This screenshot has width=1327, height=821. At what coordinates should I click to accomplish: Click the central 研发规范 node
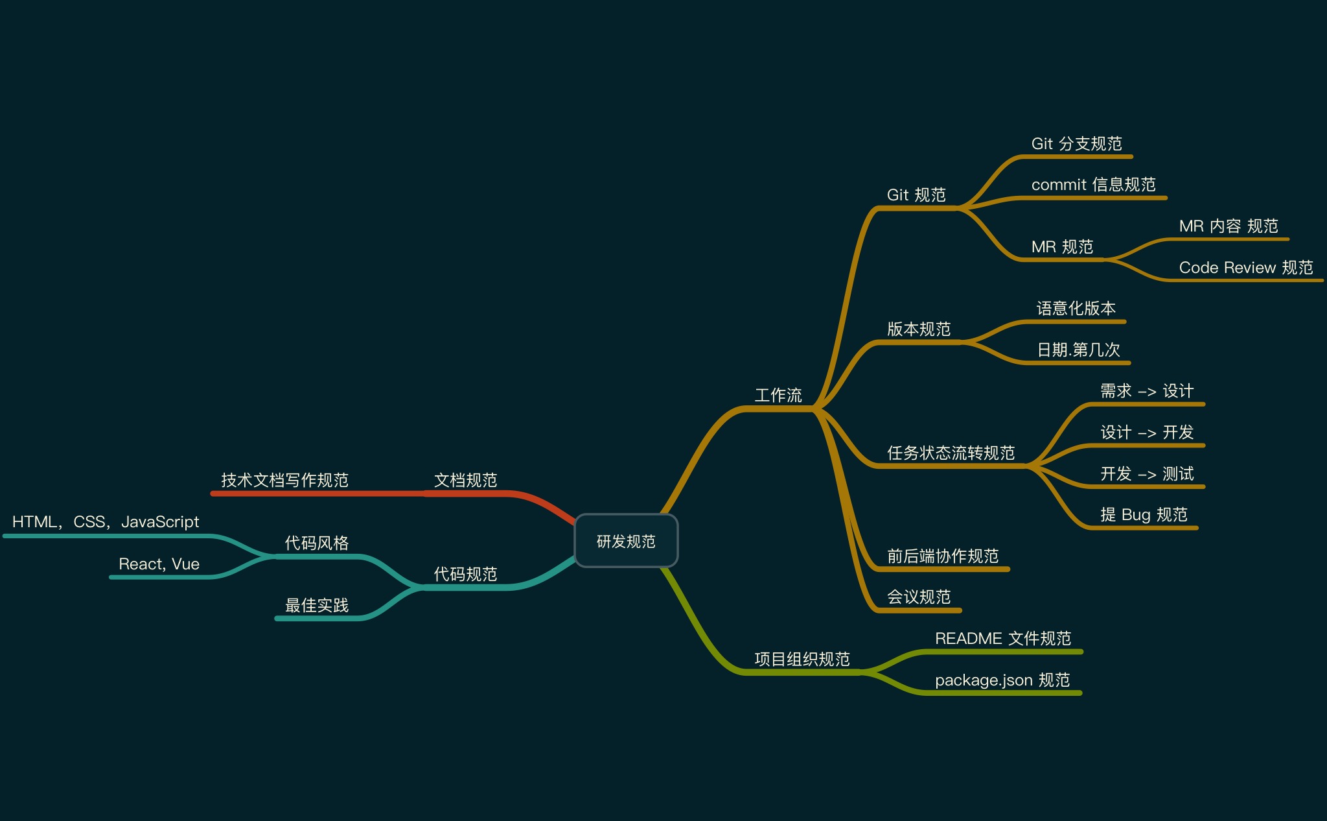(x=626, y=541)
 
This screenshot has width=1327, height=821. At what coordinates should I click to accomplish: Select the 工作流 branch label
(x=778, y=395)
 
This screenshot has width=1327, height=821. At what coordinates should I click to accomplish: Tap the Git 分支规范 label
(x=1076, y=143)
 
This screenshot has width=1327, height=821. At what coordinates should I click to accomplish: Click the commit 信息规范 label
(x=1093, y=185)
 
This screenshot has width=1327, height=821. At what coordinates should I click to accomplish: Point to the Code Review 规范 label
(x=1245, y=267)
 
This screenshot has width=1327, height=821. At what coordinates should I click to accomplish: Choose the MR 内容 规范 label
(x=1228, y=226)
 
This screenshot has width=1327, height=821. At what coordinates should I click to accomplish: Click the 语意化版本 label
(x=1076, y=308)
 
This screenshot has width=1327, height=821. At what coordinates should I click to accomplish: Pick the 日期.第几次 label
(x=1078, y=350)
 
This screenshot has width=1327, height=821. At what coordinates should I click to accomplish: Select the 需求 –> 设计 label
(x=1146, y=390)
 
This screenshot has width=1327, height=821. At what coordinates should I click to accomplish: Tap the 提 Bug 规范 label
(x=1144, y=514)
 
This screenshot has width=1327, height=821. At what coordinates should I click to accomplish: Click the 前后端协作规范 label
(x=942, y=556)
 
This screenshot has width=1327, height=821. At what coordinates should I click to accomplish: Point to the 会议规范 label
(x=918, y=597)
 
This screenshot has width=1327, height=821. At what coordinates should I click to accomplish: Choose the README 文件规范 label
(x=1002, y=638)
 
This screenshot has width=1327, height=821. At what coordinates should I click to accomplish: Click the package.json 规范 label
(x=1002, y=680)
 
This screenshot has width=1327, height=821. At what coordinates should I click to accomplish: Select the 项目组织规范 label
(x=802, y=659)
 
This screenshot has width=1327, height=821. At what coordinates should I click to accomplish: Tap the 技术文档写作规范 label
(x=284, y=480)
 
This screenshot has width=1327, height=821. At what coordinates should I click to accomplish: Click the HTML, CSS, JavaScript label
(x=106, y=521)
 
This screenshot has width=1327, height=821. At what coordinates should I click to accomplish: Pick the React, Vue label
(x=159, y=564)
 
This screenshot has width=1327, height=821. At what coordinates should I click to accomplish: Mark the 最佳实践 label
(x=317, y=605)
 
